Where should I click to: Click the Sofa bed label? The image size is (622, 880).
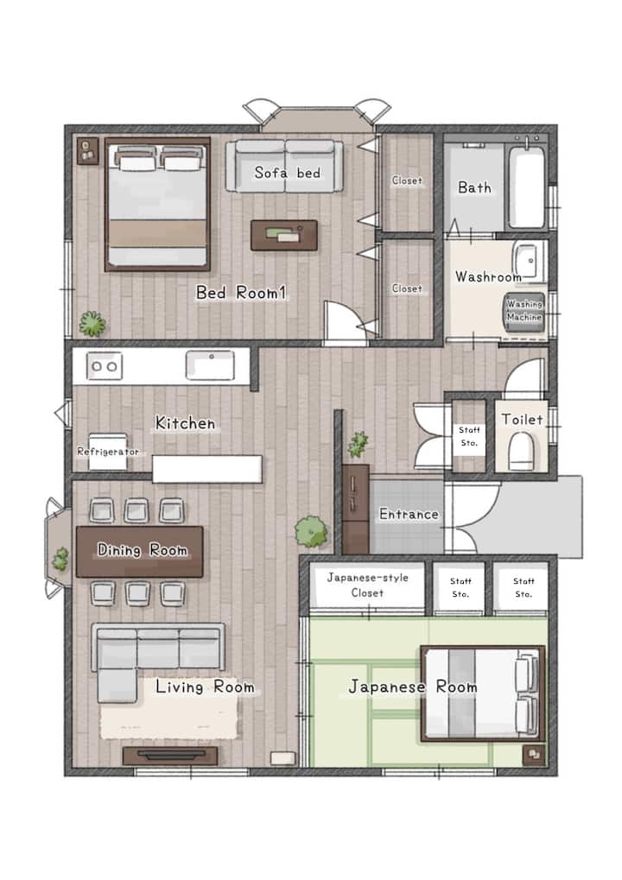pos(288,173)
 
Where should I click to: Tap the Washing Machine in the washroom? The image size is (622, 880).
pos(524,312)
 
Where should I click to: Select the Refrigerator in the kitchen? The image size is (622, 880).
pos(108,451)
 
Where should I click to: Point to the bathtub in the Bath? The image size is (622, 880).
pos(527,187)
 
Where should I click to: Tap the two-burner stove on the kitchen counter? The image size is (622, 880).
pos(105,366)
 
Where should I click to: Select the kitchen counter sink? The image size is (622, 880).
pos(210,365)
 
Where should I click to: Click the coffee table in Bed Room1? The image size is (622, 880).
pos(284,235)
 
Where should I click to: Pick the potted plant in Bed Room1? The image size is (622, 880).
pos(92,323)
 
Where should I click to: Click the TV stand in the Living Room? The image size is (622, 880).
pos(170,756)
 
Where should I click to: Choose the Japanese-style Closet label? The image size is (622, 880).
pos(368,585)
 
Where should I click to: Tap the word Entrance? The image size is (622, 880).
pos(409,514)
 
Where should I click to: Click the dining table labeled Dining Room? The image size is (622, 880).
pos(140,551)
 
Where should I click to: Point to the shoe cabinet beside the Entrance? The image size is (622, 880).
pos(356,509)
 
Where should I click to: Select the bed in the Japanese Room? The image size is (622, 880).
pos(483,693)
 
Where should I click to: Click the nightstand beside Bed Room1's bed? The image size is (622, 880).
pos(87,151)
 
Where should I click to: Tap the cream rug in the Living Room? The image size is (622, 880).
pos(169,709)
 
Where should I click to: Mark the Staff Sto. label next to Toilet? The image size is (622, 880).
pos(469,436)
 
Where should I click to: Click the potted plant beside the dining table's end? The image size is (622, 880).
pos(60,560)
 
